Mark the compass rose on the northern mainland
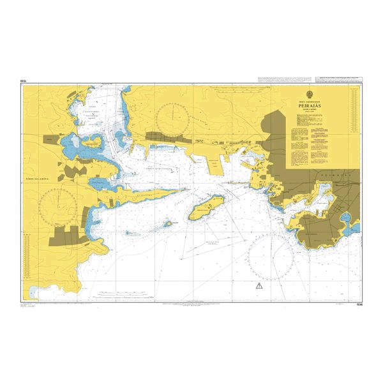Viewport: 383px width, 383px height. click(174, 114)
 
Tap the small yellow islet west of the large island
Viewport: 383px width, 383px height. click(169, 223)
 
